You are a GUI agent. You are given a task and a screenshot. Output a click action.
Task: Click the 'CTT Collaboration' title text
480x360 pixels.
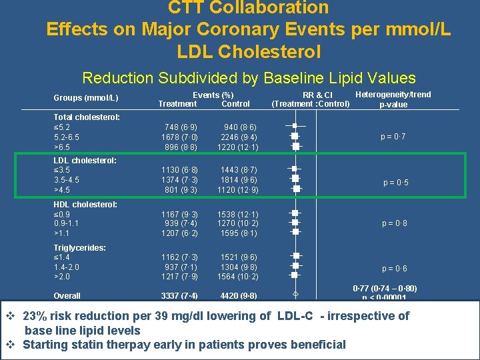[x=249, y=8]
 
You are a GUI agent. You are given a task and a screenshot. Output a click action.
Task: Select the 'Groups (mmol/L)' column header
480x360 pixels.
[x=86, y=99]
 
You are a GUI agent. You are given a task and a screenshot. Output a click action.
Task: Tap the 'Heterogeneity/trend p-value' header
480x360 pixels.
[x=393, y=99]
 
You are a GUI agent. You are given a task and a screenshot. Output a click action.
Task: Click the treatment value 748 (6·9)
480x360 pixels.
[x=179, y=127]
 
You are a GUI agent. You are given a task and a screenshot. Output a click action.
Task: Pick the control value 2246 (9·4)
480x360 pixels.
[x=237, y=137]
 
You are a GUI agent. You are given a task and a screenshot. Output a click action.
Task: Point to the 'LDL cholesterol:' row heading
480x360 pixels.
[x=85, y=161]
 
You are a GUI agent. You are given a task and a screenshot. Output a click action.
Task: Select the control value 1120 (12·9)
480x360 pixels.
[x=237, y=190]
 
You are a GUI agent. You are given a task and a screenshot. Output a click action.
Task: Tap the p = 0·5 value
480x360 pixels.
[x=395, y=183]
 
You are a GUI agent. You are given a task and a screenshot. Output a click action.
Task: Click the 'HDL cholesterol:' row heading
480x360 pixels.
[x=85, y=205]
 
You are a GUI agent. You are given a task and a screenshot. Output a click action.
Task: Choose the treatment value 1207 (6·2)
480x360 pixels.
[x=179, y=233]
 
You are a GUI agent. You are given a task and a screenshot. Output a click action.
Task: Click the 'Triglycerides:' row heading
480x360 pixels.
[x=81, y=248]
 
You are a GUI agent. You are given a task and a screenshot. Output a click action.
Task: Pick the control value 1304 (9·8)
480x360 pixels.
[x=237, y=267]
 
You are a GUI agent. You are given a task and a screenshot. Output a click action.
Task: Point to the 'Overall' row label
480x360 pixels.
[x=67, y=296]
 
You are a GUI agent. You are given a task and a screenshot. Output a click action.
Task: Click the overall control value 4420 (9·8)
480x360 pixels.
[x=237, y=296]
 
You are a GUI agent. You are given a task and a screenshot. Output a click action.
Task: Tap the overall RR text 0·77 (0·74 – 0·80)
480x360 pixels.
[x=385, y=289]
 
